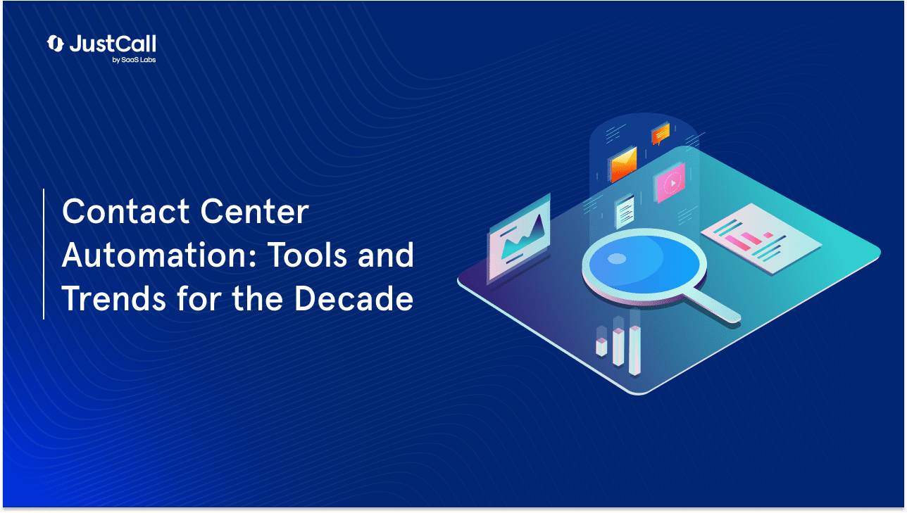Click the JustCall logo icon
tap(55, 44)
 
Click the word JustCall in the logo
tap(113, 44)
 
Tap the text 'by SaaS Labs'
tap(134, 60)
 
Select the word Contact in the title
tap(126, 211)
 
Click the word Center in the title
tap(255, 211)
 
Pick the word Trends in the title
tap(114, 298)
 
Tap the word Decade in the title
tap(354, 298)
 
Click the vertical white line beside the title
tap(44, 254)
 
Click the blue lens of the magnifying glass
tap(644, 263)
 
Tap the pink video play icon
tap(670, 183)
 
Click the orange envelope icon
tap(624, 164)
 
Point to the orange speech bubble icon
tap(661, 134)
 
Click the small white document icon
tap(625, 211)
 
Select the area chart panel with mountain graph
tap(520, 239)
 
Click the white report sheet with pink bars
tap(761, 239)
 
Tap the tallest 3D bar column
tap(634, 350)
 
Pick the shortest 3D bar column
tap(601, 347)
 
